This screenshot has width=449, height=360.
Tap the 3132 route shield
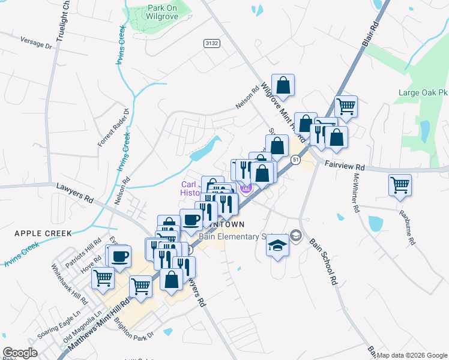pyautogui.click(x=211, y=43)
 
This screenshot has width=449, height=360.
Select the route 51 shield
pyautogui.click(x=295, y=160)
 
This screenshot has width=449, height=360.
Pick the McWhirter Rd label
pyautogui.click(x=356, y=193)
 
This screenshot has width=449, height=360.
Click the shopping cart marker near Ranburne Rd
pyautogui.click(x=400, y=185)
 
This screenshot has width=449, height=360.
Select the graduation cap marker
pyautogui.click(x=277, y=246)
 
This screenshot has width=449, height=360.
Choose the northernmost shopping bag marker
pyautogui.click(x=283, y=85)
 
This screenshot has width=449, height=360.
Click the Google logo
pyautogui.click(x=20, y=352)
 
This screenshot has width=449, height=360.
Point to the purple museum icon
pyautogui.click(x=246, y=188)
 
